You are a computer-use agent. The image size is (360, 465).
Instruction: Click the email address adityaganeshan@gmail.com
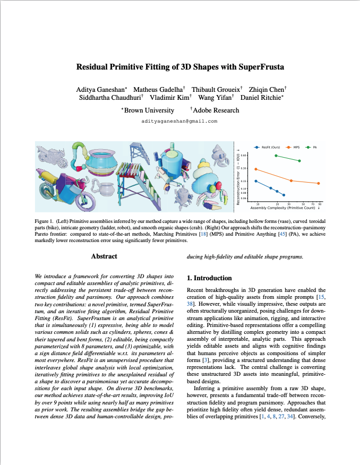(179, 122)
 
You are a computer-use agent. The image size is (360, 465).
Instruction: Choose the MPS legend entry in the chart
(295, 146)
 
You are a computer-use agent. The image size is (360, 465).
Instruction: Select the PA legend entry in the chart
(315, 146)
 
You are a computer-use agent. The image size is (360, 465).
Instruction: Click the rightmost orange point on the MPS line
(318, 183)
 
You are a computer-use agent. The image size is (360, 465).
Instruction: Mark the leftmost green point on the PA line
(276, 156)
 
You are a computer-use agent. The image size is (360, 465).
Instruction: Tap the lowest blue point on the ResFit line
(284, 195)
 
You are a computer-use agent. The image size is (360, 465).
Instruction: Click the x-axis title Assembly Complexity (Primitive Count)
(286, 208)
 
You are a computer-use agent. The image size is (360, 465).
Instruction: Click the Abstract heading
(104, 256)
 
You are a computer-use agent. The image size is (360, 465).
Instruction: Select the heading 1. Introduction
(210, 278)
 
